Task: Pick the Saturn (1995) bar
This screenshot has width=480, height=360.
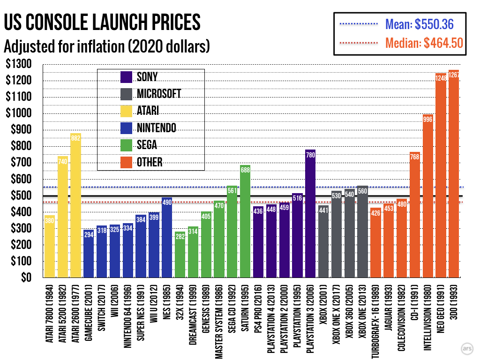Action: tap(245, 221)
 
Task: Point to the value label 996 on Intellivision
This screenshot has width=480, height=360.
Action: tap(427, 119)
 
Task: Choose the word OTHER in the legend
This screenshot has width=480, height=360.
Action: tap(150, 162)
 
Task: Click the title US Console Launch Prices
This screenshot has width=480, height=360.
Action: tap(102, 22)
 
